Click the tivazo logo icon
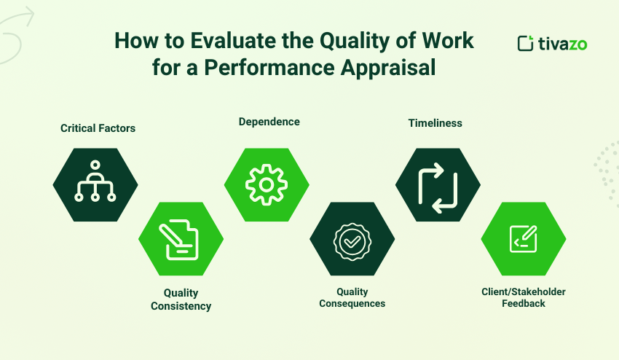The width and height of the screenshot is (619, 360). (x=525, y=43)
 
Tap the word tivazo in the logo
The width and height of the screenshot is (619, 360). (x=562, y=44)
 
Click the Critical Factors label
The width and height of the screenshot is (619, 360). (x=98, y=128)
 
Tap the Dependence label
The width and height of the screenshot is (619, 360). (x=269, y=122)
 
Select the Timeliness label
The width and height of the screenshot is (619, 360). (x=435, y=123)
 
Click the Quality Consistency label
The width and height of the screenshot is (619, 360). (x=181, y=300)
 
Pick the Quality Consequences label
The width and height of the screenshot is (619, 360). (x=352, y=297)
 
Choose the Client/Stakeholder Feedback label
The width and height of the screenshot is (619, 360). (x=523, y=297)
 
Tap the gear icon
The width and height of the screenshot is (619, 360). (x=267, y=184)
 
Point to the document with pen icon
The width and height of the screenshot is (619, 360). (x=181, y=239)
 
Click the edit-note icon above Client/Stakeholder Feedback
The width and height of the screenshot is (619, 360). (x=524, y=239)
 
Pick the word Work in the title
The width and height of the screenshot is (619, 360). (x=449, y=42)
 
